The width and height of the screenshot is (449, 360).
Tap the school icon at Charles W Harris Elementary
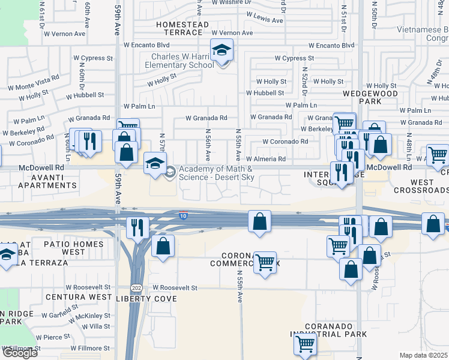click(x=221, y=51)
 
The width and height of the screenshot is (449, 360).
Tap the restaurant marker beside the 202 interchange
click(x=137, y=227)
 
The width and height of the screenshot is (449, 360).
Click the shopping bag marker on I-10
click(x=259, y=221)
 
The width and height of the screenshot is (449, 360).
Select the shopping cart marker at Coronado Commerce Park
click(x=265, y=262)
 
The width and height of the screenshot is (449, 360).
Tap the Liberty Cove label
click(x=146, y=298)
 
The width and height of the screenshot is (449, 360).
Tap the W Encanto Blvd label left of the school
click(x=146, y=45)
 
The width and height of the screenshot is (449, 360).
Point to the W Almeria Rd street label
click(x=264, y=159)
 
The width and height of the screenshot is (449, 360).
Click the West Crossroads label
click(x=422, y=187)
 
